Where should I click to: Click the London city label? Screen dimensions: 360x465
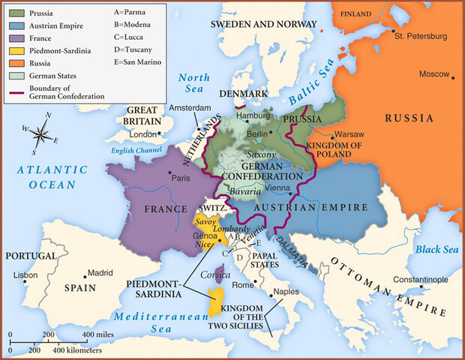click(x=141, y=134)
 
